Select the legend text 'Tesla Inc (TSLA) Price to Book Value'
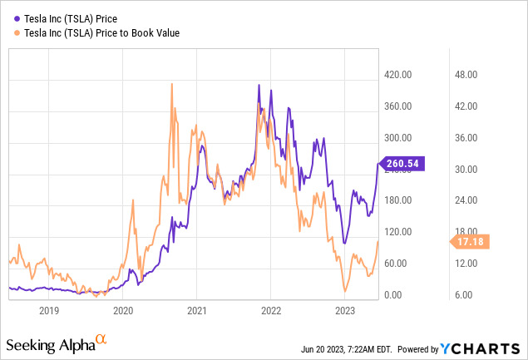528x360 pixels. [103, 32]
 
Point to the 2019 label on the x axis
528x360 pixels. [49, 311]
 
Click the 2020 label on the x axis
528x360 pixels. [123, 311]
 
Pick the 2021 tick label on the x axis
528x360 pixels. [196, 311]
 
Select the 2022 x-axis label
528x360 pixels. [270, 311]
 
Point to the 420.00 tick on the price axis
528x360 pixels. [398, 75]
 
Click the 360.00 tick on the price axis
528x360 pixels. [398, 106]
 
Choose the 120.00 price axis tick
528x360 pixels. [398, 232]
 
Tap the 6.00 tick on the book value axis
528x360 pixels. [466, 295]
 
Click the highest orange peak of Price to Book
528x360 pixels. [171, 83]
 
